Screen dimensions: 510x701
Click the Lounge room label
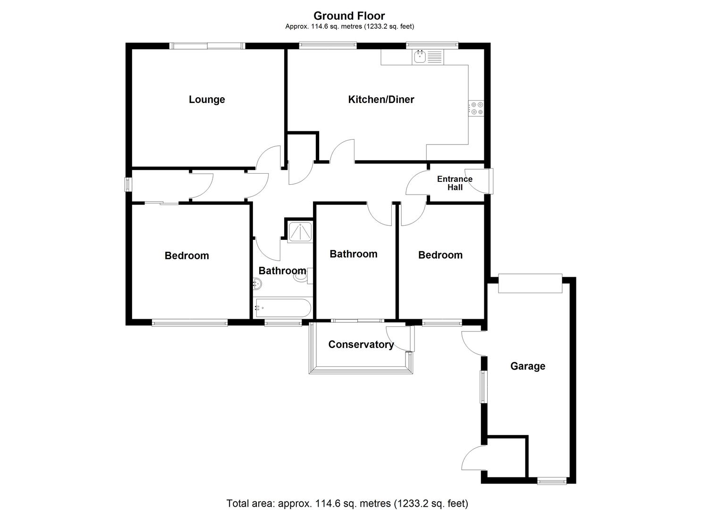[x=207, y=100]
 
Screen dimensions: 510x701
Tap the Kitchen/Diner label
[x=381, y=100]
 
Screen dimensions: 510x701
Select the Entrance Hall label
[x=455, y=183]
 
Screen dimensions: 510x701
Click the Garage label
[x=528, y=366]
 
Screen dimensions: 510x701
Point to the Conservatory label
[x=361, y=345]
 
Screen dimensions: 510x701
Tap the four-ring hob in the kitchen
[x=476, y=108]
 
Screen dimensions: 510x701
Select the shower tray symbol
[x=300, y=231]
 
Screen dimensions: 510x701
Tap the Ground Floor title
[x=349, y=16]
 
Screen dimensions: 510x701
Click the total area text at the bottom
[x=347, y=503]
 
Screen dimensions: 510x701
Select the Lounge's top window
[x=207, y=46]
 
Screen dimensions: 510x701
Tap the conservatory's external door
[x=400, y=338]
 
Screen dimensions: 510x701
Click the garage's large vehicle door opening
[x=530, y=283]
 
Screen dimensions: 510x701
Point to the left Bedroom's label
[x=186, y=256]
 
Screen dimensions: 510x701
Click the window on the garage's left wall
[x=483, y=387]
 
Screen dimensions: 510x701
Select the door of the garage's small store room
[x=474, y=458]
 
